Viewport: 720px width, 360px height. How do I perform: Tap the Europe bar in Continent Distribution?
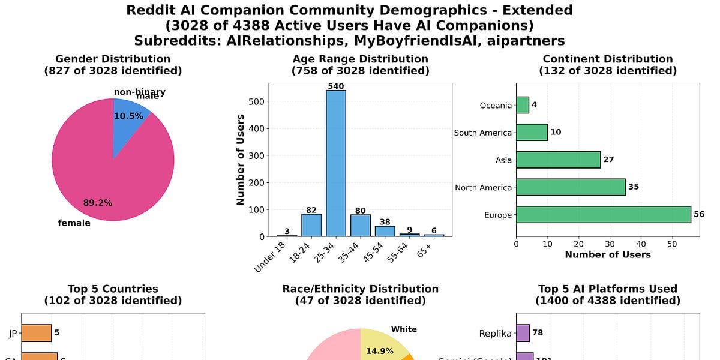pos(603,215)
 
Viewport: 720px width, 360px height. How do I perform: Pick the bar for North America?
pos(571,187)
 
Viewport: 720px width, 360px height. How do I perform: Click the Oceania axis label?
pos(496,106)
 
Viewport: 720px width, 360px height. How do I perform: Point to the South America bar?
pos(532,133)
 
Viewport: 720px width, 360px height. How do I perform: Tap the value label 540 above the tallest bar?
pos(335,86)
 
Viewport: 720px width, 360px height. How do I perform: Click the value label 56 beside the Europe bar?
pos(699,215)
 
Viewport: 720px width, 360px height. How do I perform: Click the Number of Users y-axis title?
pos(241,160)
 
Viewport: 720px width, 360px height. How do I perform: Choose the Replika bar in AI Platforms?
pos(523,333)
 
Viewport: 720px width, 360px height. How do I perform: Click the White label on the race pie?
pos(404,329)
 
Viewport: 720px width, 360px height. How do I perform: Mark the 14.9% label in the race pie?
pos(379,351)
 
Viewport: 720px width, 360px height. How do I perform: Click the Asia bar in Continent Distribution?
pos(558,160)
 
